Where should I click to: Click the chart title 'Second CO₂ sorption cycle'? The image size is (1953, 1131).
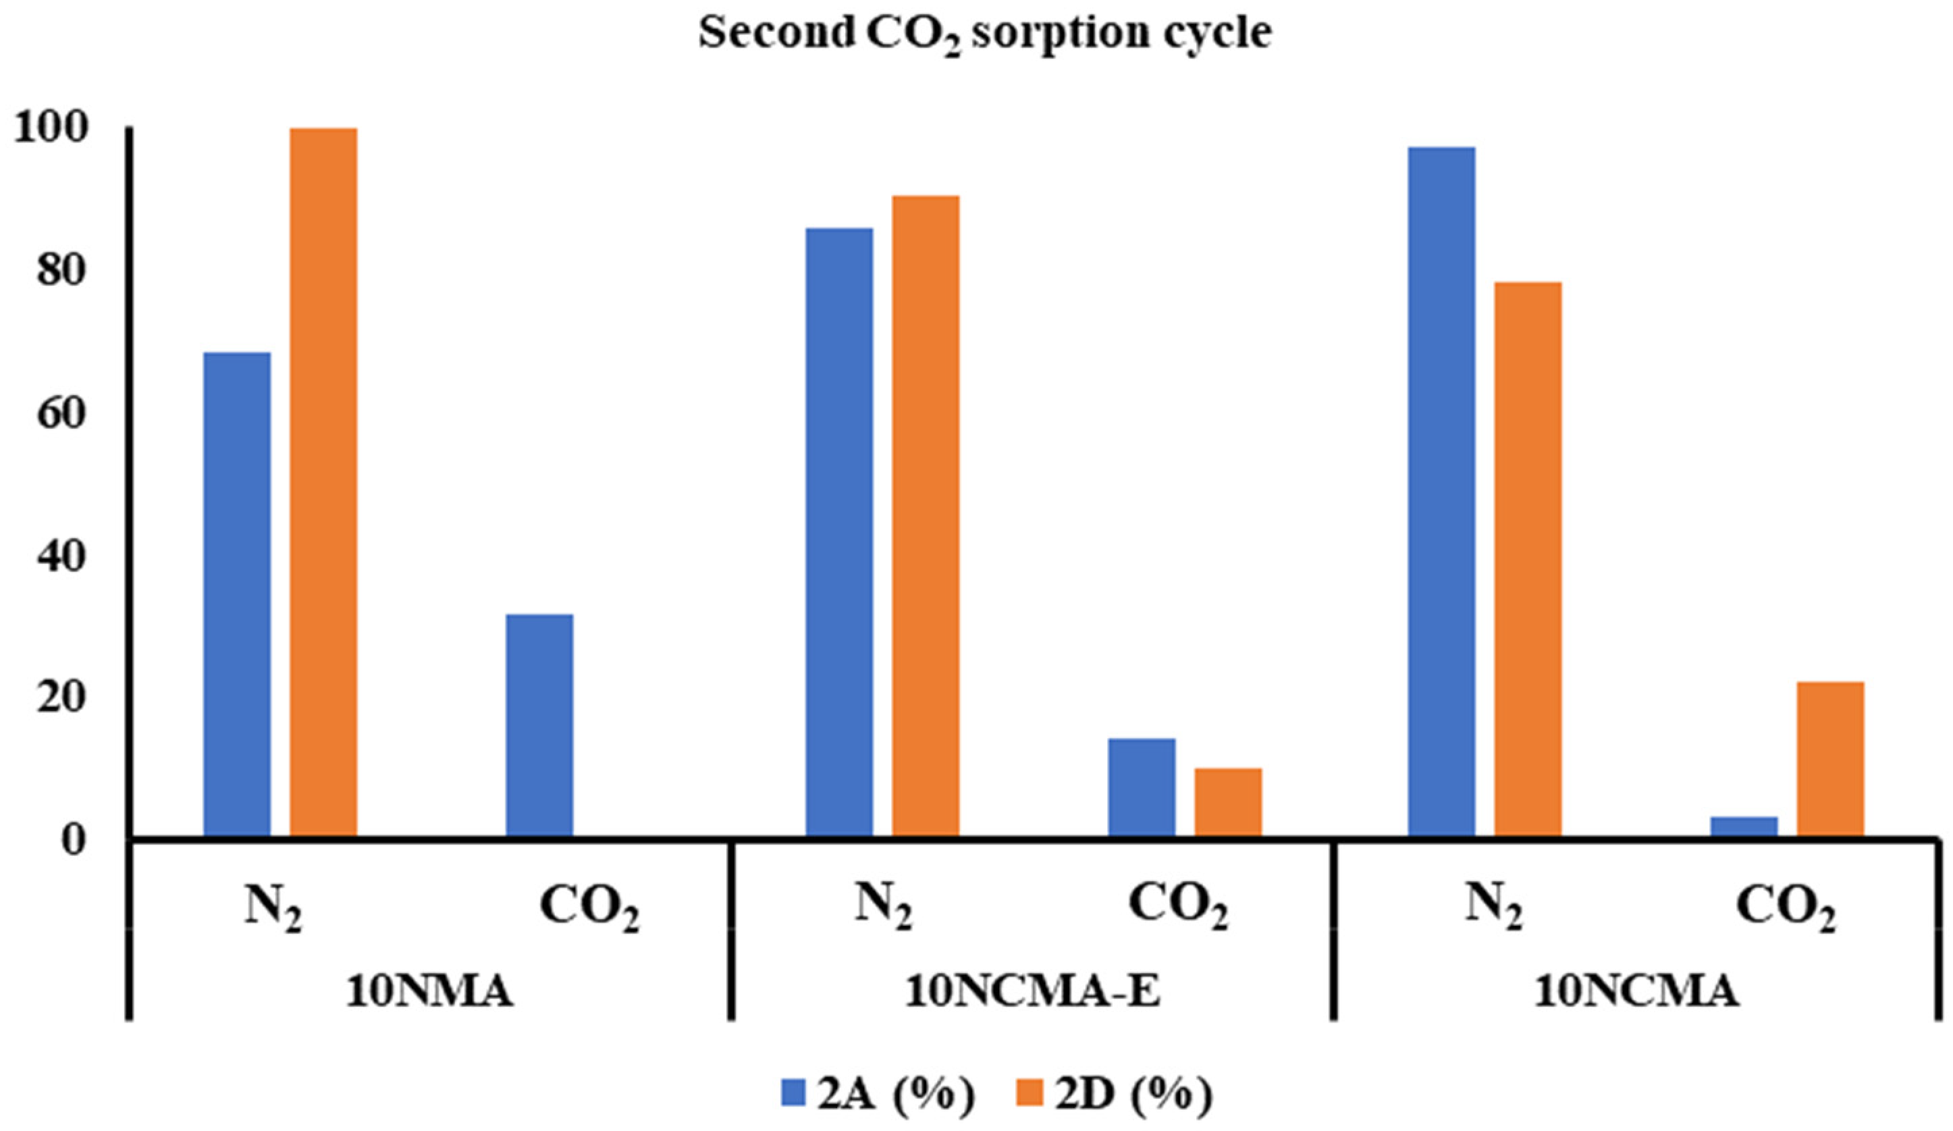click(985, 33)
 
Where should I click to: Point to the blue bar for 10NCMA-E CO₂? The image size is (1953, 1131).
click(1142, 787)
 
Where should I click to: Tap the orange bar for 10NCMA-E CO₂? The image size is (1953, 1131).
click(1227, 802)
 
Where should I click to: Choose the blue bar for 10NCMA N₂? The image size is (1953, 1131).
click(1441, 492)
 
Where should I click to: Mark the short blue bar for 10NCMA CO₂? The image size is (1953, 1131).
click(1744, 826)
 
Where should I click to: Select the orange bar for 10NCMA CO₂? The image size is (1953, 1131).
click(1831, 759)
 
